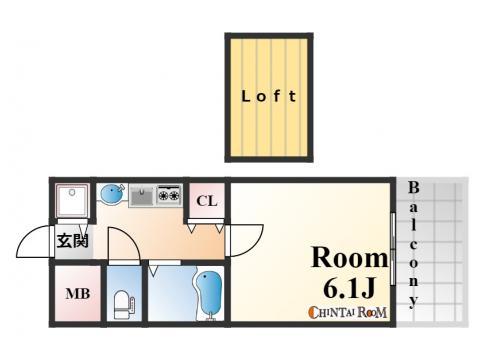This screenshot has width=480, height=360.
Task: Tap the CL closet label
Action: click(207, 202)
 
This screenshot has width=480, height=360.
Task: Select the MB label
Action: click(77, 295)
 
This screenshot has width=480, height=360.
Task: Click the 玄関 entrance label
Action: click(71, 240)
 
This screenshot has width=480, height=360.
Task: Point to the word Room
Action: click(348, 258)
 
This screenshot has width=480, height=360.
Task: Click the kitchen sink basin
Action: click(141, 194)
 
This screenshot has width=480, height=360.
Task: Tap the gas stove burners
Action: click(168, 194)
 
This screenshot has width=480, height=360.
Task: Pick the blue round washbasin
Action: click(112, 193)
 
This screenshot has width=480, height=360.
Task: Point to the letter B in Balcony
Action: click(412, 189)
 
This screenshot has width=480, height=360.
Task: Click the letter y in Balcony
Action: click(412, 300)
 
